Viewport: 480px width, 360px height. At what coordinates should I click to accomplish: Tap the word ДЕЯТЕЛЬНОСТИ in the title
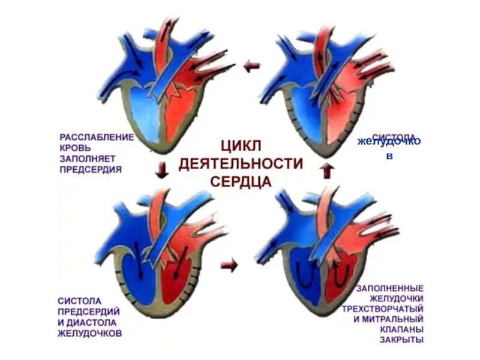[x=241, y=164]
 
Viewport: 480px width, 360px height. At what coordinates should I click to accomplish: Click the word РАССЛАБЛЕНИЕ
[x=96, y=137]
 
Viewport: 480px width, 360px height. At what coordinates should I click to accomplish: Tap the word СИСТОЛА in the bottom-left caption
[x=80, y=300]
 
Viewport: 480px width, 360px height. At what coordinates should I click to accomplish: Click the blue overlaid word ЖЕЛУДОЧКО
[x=389, y=142]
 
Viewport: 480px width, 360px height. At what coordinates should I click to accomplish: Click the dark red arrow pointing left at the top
[x=251, y=67]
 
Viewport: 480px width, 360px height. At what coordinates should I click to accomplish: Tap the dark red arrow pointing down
[x=161, y=172]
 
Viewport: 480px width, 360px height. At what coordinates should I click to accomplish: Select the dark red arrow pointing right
[x=229, y=265]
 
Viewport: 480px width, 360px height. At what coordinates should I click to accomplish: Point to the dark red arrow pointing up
[x=326, y=171]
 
